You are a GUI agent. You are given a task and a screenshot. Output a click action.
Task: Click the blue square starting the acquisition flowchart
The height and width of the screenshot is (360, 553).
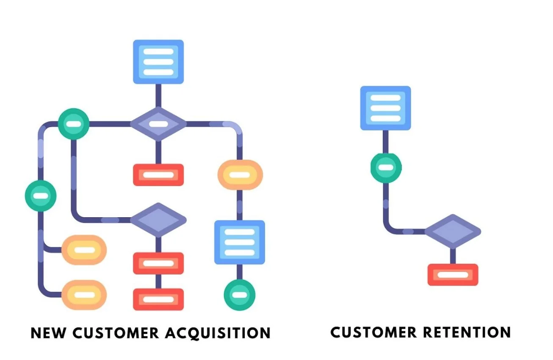(x=158, y=61)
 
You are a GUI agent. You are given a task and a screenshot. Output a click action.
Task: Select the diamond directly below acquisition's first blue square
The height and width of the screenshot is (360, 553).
(x=158, y=124)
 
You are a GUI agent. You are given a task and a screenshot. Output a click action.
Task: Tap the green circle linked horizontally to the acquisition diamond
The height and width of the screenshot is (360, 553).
(x=74, y=124)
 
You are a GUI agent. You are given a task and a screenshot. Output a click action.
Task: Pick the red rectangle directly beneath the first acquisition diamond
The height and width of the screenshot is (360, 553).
(x=158, y=174)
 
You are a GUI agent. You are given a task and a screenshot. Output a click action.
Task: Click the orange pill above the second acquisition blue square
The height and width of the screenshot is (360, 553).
(x=240, y=174)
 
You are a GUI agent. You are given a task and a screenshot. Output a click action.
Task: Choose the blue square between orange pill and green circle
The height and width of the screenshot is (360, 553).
(x=240, y=242)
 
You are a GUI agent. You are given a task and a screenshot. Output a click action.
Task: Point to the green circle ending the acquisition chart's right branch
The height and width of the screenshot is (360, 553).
(x=240, y=295)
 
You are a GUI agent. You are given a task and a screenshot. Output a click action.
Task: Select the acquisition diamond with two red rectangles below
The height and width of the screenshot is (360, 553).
(x=158, y=220)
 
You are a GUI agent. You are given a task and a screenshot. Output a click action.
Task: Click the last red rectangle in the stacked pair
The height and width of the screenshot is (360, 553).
(x=158, y=299)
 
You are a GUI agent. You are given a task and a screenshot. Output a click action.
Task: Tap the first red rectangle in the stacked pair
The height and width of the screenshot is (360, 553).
(x=158, y=263)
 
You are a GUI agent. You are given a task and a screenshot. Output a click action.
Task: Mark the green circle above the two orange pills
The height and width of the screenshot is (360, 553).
(x=41, y=196)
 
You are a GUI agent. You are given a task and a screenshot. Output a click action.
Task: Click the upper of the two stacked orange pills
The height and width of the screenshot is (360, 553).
(x=84, y=250)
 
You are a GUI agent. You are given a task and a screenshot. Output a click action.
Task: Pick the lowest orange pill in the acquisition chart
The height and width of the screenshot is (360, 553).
(x=84, y=295)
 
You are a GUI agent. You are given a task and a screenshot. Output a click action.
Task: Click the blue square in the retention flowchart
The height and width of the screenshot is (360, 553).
(x=385, y=108)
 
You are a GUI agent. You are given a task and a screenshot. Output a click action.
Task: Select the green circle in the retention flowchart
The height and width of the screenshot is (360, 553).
(x=385, y=167)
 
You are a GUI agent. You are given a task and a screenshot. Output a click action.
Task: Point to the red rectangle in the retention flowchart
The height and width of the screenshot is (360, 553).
(x=453, y=274)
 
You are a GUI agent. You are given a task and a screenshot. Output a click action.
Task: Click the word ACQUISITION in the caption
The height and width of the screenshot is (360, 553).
(x=217, y=333)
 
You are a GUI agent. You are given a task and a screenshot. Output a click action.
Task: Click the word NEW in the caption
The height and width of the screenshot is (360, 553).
(x=48, y=333)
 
